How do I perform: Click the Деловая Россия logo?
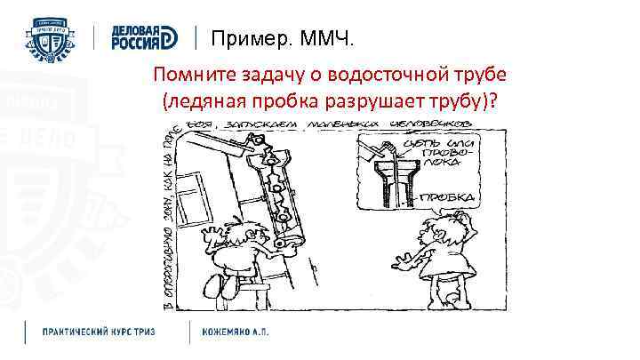(145, 36)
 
